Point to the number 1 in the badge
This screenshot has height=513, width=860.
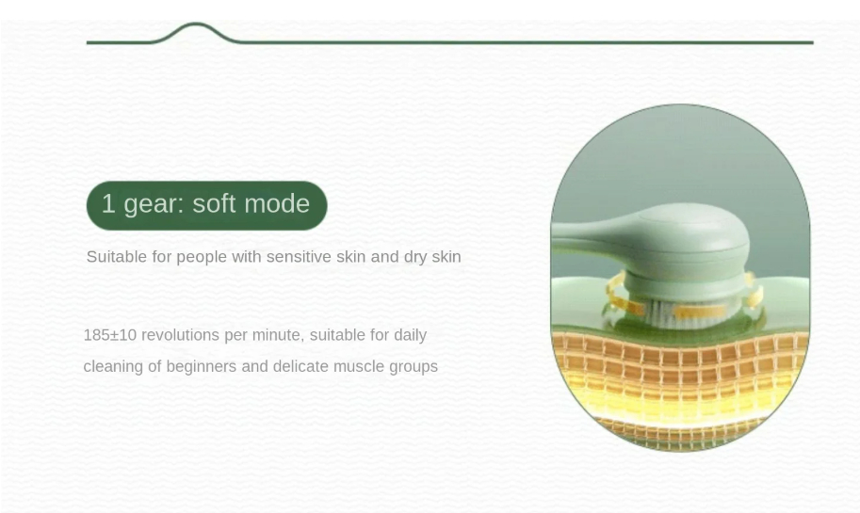click(x=108, y=203)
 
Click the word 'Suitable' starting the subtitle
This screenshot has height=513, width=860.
click(x=116, y=256)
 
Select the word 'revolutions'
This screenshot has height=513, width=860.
click(x=181, y=335)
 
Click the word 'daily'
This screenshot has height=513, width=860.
click(x=411, y=335)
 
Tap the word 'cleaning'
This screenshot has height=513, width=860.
click(x=114, y=367)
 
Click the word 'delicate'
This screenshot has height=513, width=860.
click(x=300, y=366)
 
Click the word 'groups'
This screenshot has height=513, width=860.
click(x=414, y=367)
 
